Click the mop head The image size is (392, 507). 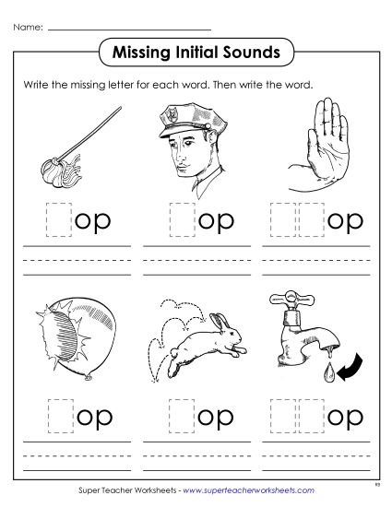pyautogui.click(x=47, y=167)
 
